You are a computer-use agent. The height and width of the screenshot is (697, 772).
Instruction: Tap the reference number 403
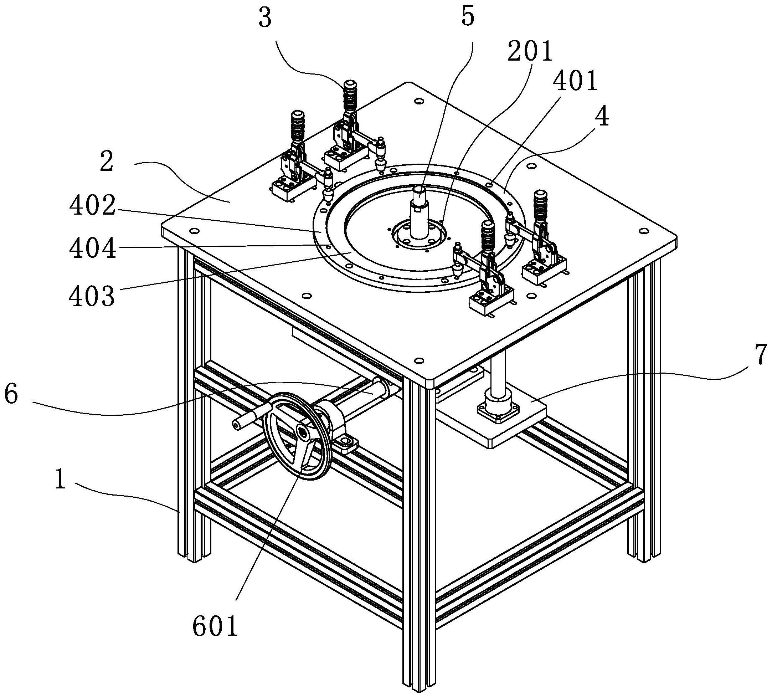[x=92, y=296]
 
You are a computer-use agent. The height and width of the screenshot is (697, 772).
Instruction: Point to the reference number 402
[x=92, y=206]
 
